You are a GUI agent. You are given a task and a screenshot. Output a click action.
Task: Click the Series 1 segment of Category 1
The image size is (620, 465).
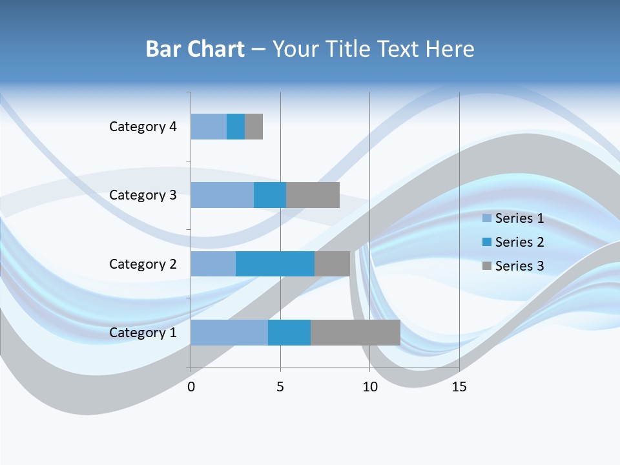[x=229, y=333]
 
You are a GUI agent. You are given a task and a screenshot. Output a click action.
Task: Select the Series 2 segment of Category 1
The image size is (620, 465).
[x=289, y=333]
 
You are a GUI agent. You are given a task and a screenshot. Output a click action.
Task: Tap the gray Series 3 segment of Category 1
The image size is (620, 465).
[x=355, y=333]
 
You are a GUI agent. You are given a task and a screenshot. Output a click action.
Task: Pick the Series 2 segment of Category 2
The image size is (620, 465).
[x=275, y=263]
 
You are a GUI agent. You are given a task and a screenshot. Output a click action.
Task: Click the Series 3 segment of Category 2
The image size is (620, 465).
[x=332, y=263]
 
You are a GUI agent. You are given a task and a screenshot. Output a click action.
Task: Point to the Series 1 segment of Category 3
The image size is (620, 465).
[x=222, y=195]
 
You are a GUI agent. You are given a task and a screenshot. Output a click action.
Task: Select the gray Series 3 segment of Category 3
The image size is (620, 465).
[x=313, y=195]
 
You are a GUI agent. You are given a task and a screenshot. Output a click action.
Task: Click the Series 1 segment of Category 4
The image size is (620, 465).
[x=209, y=127]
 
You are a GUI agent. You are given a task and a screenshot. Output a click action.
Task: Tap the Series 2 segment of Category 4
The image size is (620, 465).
[x=236, y=127]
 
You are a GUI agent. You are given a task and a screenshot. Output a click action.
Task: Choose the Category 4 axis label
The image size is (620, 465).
[x=143, y=127]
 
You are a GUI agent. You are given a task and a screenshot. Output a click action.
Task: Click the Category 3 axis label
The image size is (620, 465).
[x=143, y=195]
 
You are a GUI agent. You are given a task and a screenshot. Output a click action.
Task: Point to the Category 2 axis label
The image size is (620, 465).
[x=143, y=264]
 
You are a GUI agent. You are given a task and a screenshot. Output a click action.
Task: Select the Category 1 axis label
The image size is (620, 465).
[x=143, y=333]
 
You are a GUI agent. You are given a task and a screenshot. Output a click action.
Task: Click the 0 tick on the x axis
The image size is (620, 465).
[x=191, y=387]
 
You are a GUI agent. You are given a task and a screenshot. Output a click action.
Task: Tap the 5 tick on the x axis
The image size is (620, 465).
[x=280, y=387]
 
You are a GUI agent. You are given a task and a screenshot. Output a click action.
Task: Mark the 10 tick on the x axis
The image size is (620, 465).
[x=369, y=387]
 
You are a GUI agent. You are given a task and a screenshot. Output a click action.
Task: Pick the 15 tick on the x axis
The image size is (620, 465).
[x=459, y=387]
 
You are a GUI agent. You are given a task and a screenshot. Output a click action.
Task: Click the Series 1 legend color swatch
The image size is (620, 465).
[x=487, y=218]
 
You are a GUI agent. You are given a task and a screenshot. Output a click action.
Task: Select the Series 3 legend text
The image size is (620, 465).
[x=519, y=266]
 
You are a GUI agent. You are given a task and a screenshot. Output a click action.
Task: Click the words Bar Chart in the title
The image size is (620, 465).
[x=195, y=49]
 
